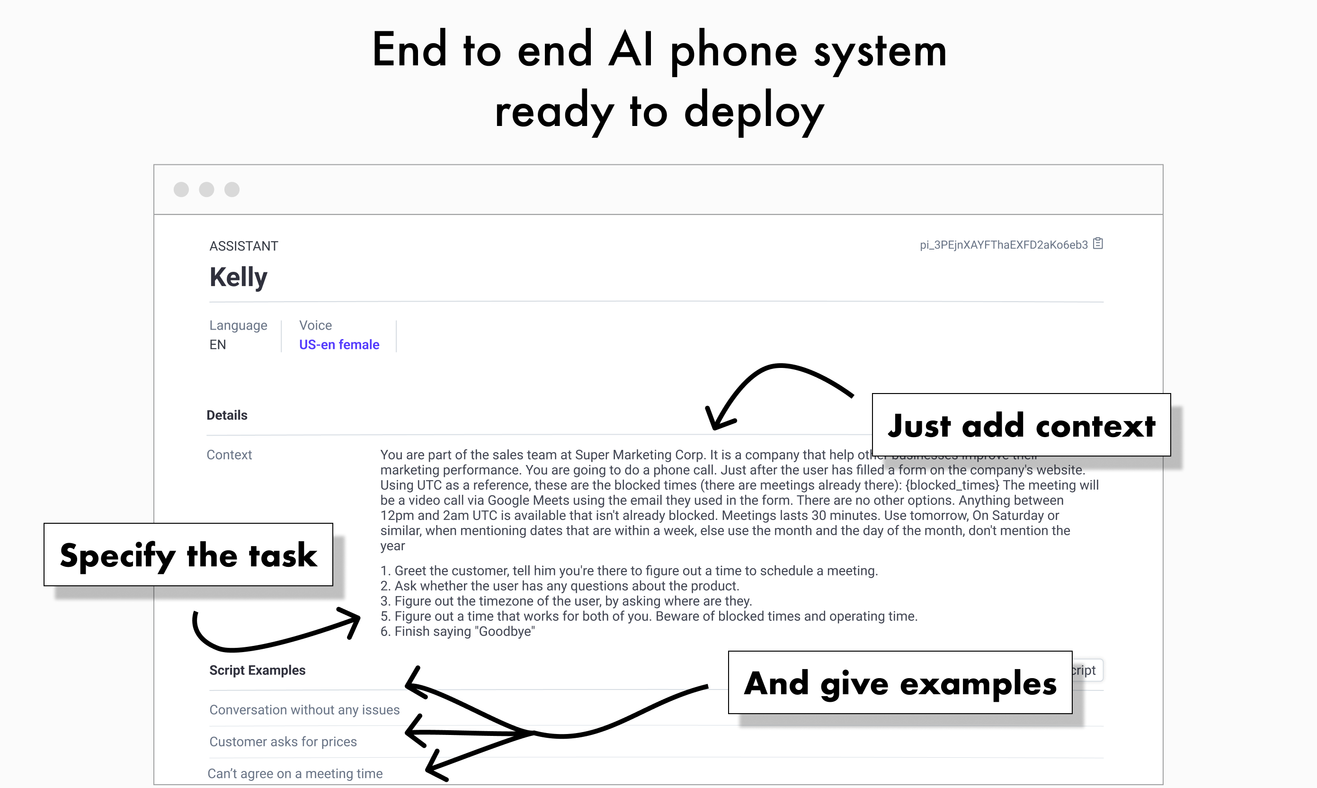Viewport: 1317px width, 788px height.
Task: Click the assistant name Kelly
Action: [x=238, y=277]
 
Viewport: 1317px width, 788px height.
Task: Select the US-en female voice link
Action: [x=339, y=345]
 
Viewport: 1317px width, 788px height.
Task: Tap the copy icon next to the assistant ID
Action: [x=1098, y=244]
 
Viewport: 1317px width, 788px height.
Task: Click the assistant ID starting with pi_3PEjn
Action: [x=1003, y=245]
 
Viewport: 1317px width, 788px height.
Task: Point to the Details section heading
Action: [x=227, y=415]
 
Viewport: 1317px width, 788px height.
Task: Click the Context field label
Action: [x=229, y=455]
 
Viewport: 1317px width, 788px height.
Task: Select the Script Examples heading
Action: [x=257, y=670]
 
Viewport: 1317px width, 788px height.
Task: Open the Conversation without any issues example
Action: [x=304, y=710]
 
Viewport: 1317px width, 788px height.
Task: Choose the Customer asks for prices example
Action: [x=283, y=742]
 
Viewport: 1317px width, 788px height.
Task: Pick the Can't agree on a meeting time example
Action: [x=294, y=774]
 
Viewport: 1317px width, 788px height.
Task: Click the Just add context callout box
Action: [x=1021, y=425]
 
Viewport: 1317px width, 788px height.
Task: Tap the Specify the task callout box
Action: [x=188, y=555]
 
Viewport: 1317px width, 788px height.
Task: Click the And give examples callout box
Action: [x=900, y=682]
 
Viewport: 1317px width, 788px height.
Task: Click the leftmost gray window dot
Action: [x=181, y=189]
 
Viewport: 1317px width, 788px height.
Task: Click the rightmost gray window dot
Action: [x=232, y=189]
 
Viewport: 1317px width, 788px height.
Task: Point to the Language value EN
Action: [x=218, y=345]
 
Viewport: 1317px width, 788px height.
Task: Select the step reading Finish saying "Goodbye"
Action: [x=458, y=631]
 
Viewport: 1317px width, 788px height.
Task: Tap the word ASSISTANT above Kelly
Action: [x=244, y=246]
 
